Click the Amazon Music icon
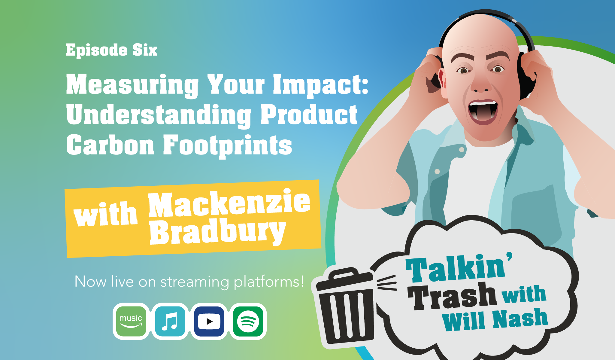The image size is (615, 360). coord(131,321)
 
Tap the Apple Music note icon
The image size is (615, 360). coord(170,321)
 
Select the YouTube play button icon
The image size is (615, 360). coord(209,321)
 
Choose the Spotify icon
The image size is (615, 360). coord(248,321)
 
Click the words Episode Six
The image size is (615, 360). coord(111,50)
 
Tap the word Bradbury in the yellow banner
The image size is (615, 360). coord(217,232)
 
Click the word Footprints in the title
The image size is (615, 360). coord(227,146)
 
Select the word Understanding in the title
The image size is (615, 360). coord(159,116)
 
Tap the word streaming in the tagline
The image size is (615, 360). coord(195,282)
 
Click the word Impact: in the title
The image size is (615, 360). coord(321,86)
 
